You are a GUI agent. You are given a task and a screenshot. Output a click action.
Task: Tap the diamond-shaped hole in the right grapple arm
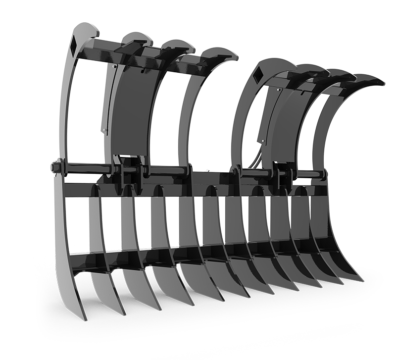pyautogui.click(x=258, y=77)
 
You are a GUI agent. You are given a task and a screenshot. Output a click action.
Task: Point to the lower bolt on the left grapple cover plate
pyautogui.click(x=104, y=130)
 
